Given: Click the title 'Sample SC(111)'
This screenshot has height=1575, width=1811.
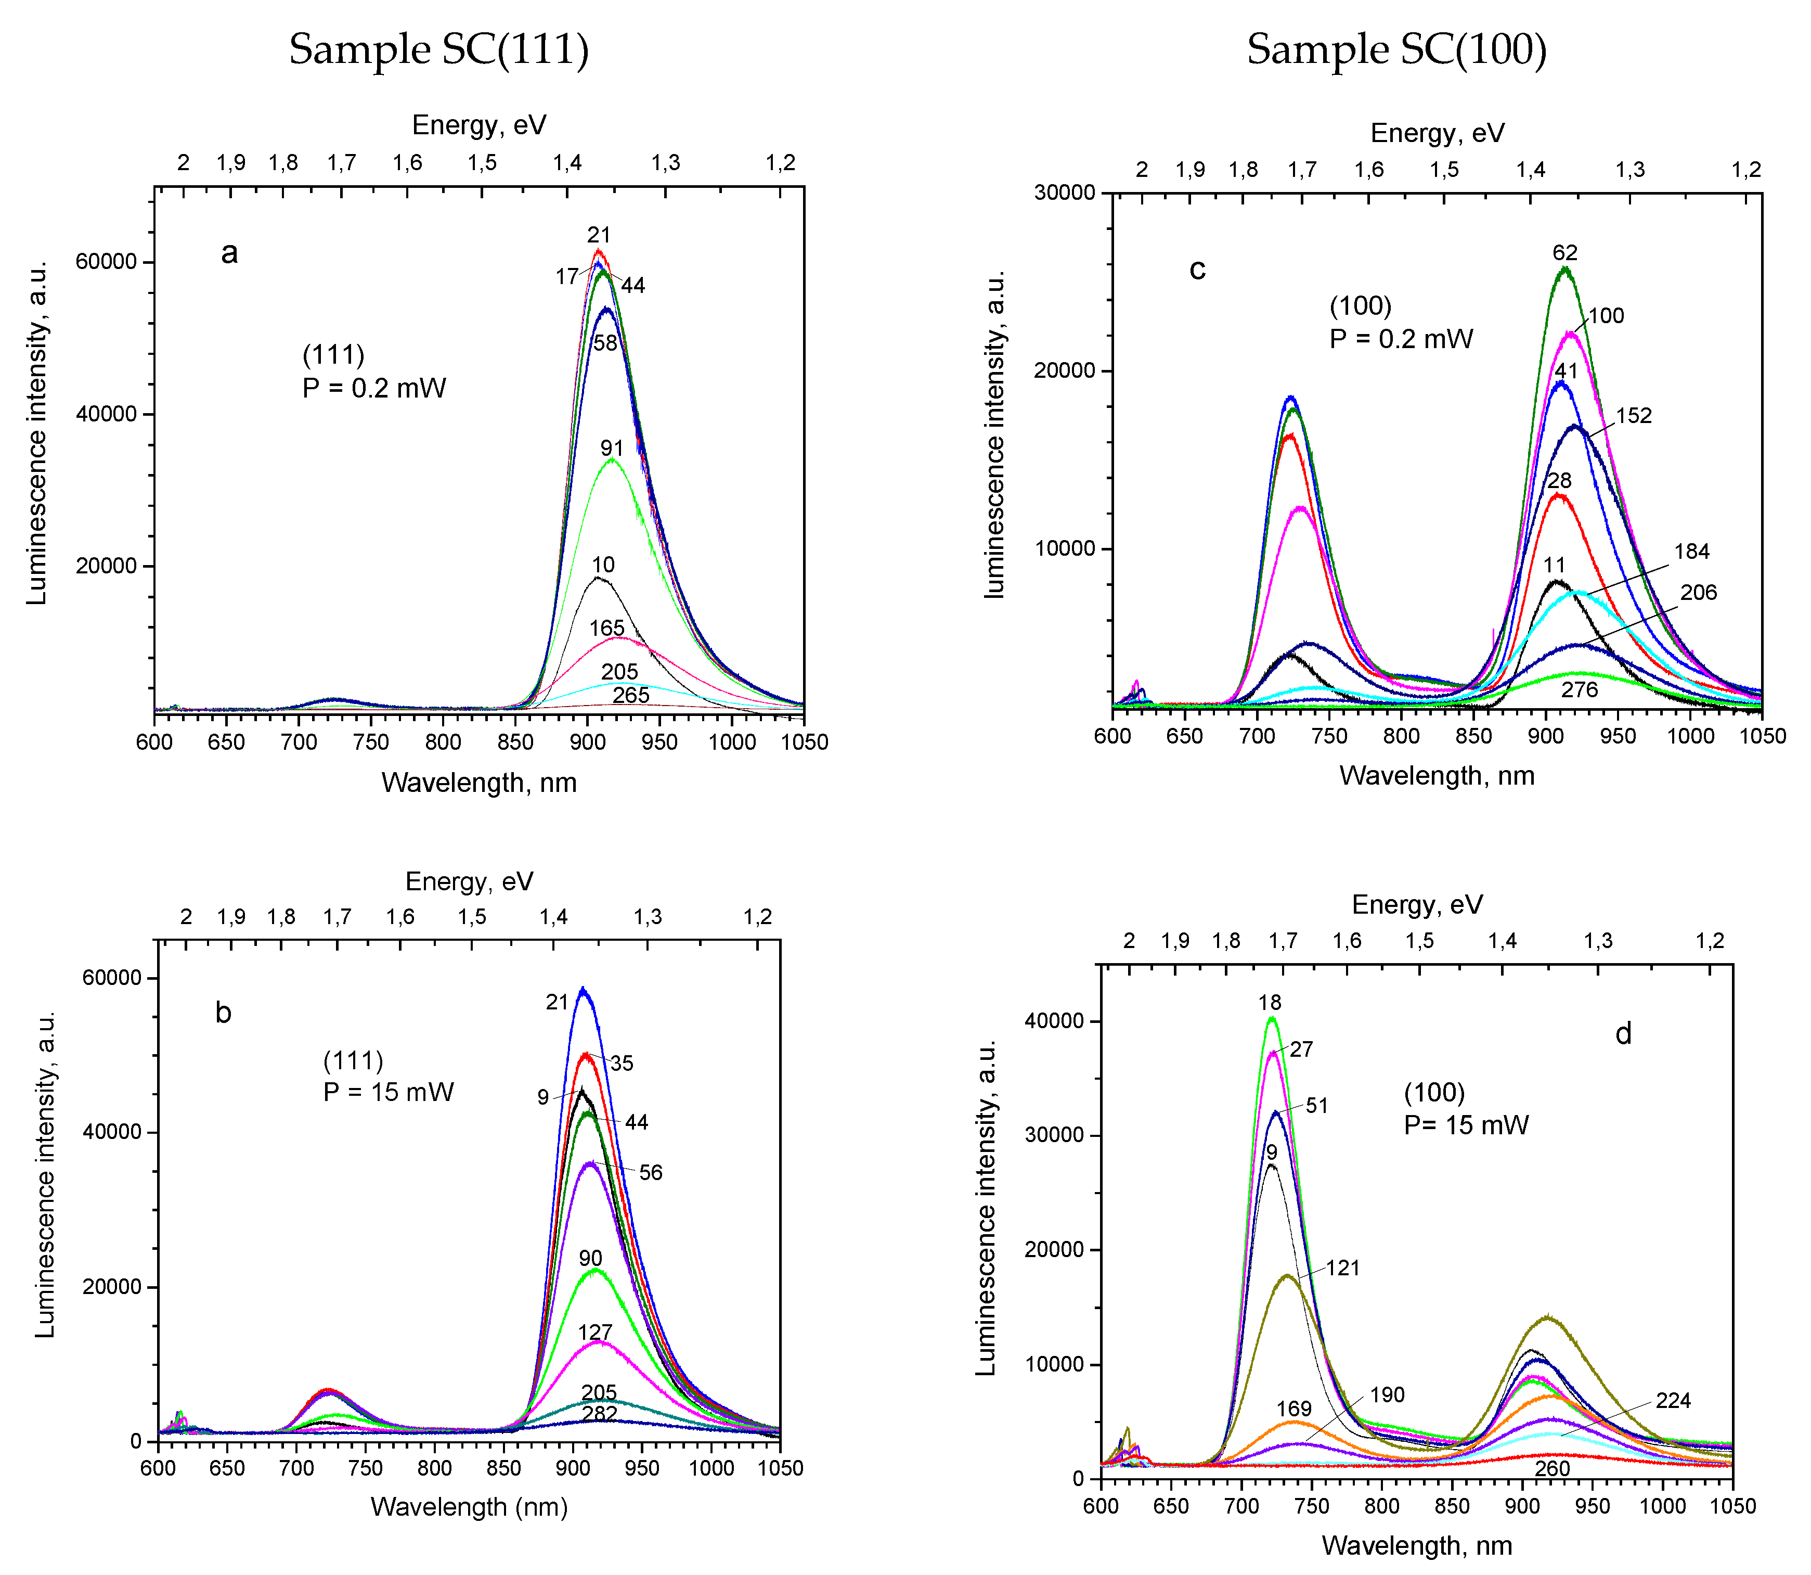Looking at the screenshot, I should click(x=438, y=49).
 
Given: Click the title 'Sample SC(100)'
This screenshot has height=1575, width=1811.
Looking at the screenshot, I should click(x=1396, y=49).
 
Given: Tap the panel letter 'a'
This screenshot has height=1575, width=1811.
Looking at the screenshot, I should click(x=229, y=253).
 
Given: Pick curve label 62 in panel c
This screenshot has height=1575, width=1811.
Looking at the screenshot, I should click(x=1565, y=253).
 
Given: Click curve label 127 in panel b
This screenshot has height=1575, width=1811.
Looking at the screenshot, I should click(x=595, y=1333).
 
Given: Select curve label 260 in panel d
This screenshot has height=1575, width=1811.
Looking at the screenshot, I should click(x=1552, y=1469).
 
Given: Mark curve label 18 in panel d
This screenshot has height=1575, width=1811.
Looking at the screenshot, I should click(x=1269, y=1003).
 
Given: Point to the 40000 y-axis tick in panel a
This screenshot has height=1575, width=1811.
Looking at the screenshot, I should click(x=106, y=414).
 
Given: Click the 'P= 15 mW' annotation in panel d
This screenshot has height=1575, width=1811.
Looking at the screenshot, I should click(x=1466, y=1125).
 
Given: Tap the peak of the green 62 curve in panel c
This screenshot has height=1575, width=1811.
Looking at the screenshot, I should click(x=1564, y=269).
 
